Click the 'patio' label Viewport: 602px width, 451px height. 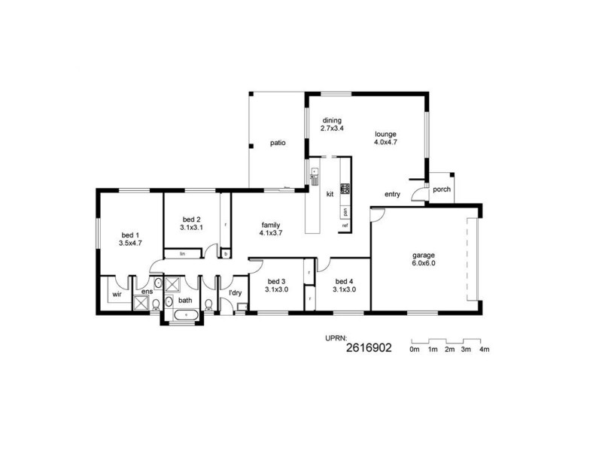(x=278, y=143)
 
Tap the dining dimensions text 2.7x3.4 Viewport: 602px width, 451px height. (x=332, y=129)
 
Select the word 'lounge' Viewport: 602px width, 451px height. (x=385, y=135)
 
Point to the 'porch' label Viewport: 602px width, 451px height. (x=442, y=189)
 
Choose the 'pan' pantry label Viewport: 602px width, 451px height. (x=345, y=211)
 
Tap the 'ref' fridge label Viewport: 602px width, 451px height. (x=345, y=225)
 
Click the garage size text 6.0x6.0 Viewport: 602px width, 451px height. (x=424, y=263)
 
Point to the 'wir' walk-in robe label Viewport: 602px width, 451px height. (x=117, y=295)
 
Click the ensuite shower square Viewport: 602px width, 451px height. (x=141, y=302)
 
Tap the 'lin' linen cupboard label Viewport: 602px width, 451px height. (x=182, y=255)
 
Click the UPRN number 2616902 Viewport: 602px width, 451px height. (x=369, y=349)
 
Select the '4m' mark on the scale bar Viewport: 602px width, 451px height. (x=484, y=350)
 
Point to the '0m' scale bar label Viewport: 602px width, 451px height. (x=414, y=350)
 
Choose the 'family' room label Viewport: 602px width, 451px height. (x=271, y=225)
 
